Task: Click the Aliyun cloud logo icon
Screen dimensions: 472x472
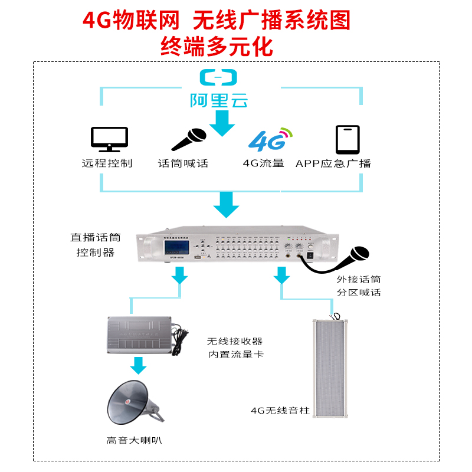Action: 218,77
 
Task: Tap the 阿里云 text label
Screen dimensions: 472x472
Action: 218,100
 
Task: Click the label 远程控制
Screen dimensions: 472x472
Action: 107,163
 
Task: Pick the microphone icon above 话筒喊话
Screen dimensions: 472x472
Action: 189,140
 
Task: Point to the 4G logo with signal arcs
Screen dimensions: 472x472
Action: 270,139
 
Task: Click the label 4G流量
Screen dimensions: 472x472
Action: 264,163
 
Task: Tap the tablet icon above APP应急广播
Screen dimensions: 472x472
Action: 348,140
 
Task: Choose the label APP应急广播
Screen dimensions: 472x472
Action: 333,163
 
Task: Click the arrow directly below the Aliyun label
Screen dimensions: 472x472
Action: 222,123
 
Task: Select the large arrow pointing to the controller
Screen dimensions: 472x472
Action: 225,204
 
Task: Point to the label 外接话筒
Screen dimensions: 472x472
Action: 359,280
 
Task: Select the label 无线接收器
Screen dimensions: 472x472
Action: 234,341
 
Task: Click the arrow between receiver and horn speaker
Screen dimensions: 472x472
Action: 138,366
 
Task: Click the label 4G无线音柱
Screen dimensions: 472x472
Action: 276,410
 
